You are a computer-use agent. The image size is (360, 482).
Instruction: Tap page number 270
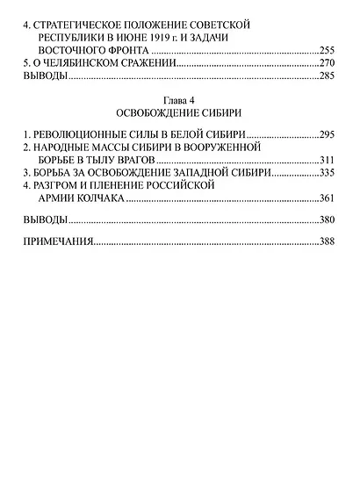click(328, 64)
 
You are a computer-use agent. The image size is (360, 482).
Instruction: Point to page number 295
click(328, 134)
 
